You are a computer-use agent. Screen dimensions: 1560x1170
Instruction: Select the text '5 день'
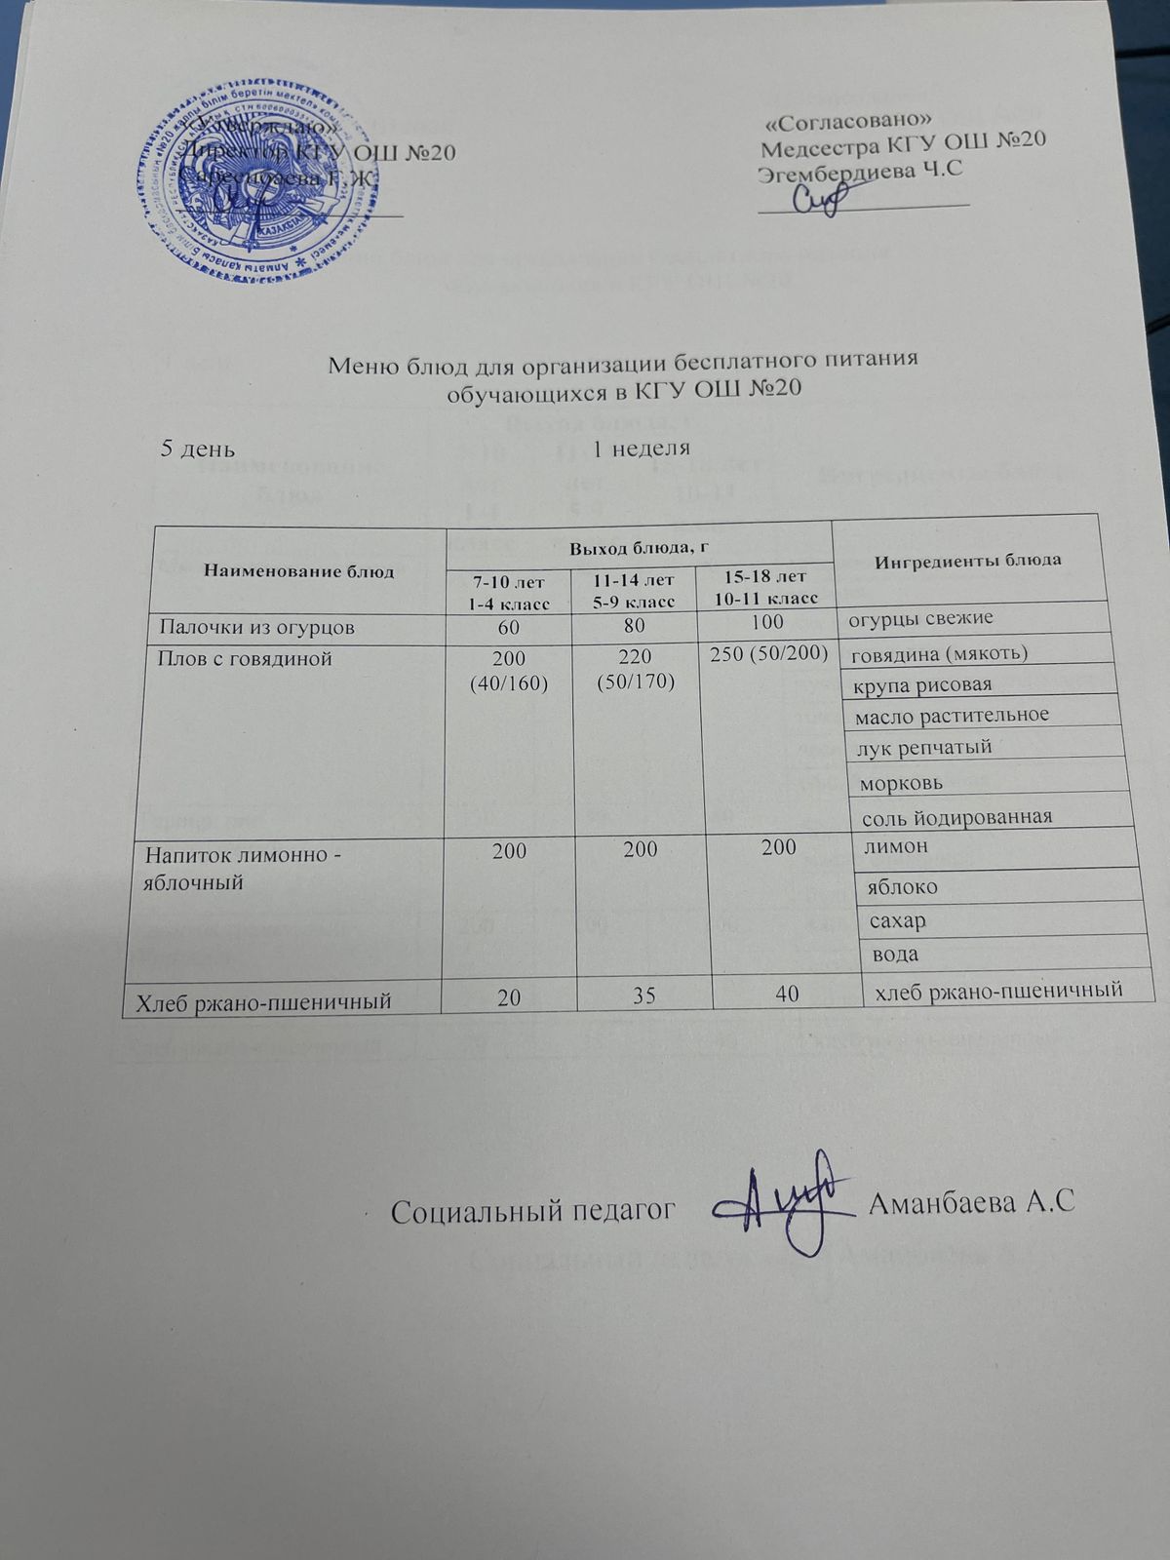[197, 448]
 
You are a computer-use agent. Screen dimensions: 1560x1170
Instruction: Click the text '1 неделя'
[642, 448]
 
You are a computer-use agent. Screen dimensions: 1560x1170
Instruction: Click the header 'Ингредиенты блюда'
[968, 561]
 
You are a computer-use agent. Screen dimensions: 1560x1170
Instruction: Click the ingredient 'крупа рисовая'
[922, 683]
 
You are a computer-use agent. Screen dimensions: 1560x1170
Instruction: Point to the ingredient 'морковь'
[898, 783]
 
